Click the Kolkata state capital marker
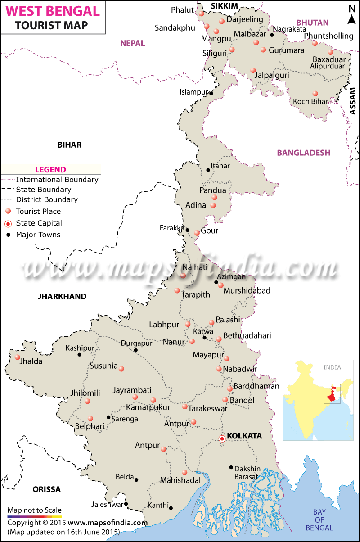point(222,438)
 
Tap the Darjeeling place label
point(245,19)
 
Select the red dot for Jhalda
point(18,357)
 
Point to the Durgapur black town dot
point(136,350)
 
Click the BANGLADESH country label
point(304,153)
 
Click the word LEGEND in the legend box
point(50,170)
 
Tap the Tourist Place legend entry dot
point(8,211)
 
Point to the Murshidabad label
point(247,291)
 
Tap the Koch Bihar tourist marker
point(315,93)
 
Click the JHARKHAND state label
point(62,296)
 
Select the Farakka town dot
point(188,230)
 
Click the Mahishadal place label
point(181,480)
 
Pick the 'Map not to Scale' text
point(34,510)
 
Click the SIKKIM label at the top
point(225,5)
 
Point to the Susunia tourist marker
point(121,368)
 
